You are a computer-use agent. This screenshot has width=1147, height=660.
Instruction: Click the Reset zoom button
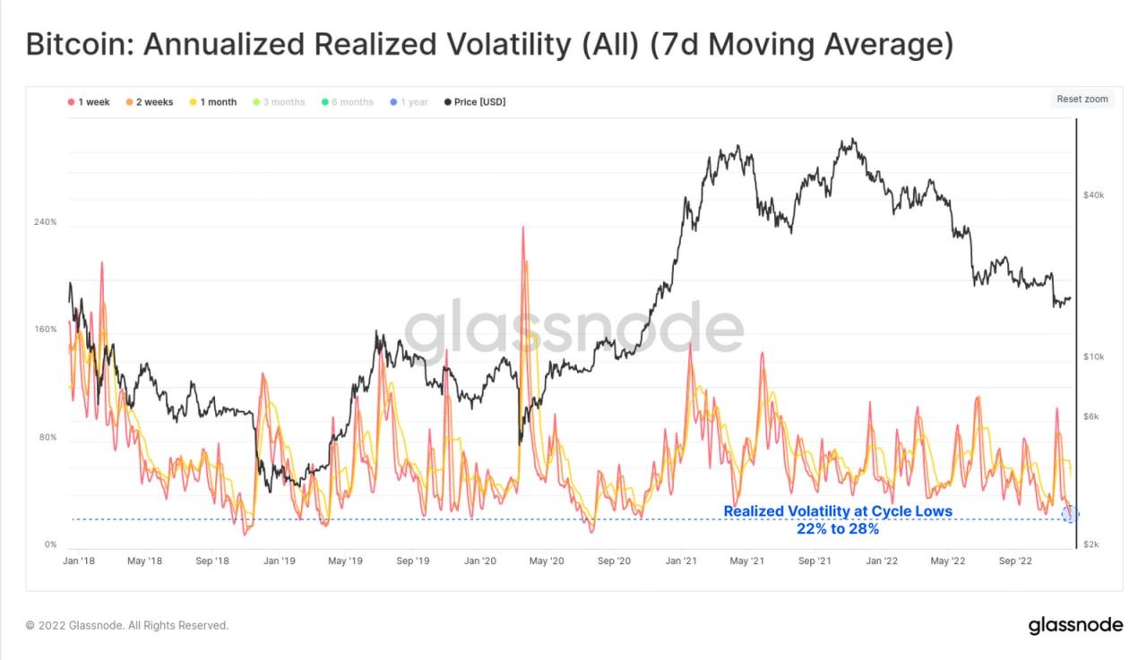coord(1082,99)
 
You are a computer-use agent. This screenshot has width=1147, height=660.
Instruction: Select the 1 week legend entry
coord(89,102)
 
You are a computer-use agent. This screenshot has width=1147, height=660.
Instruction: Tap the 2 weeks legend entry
coord(150,102)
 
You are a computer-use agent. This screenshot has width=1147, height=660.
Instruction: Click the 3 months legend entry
coord(279,102)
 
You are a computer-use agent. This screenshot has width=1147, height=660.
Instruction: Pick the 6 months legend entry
coord(347,102)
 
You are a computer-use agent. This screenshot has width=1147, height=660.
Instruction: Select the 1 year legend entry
coord(409,102)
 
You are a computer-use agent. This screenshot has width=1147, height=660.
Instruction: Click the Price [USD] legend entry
coord(474,102)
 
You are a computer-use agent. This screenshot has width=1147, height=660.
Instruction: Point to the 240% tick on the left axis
coord(46,222)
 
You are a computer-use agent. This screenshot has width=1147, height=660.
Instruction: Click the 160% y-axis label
coord(46,330)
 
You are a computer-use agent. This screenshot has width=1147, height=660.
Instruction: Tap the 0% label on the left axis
coord(51,544)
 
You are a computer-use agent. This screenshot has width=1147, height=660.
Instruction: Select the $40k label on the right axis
coord(1094,195)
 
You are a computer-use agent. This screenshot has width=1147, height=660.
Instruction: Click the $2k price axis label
coord(1092,544)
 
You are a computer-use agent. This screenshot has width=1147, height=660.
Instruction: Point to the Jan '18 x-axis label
coord(79,561)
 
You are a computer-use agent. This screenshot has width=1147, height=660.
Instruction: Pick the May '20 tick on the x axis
coord(546,561)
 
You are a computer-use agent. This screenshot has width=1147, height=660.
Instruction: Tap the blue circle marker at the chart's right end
coord(1069,514)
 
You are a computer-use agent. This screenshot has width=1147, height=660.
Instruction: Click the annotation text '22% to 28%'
coord(837,529)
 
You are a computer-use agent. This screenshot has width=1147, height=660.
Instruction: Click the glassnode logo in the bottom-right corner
coord(1074,625)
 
